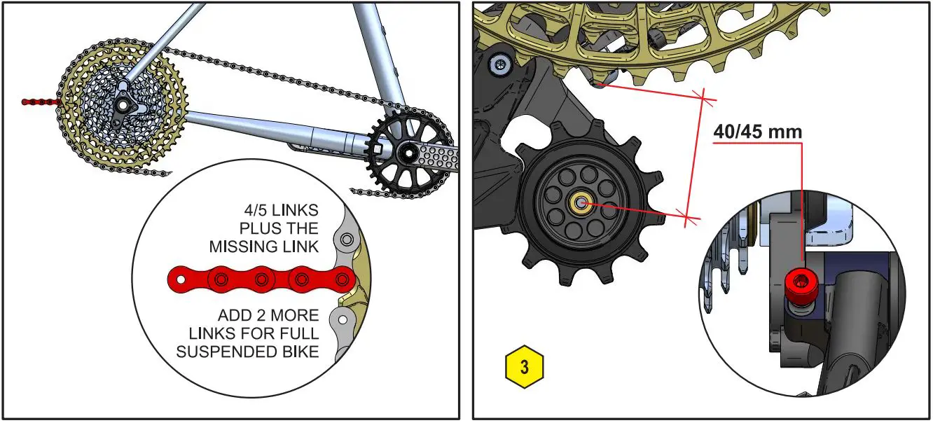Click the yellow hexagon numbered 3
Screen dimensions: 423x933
click(523, 367)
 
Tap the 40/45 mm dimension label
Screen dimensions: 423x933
click(757, 132)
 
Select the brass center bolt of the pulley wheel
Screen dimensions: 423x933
click(581, 203)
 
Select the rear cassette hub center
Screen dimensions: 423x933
click(124, 104)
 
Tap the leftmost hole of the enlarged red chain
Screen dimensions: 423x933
click(181, 280)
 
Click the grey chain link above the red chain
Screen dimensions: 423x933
click(345, 242)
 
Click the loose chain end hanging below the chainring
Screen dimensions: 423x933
click(371, 191)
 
